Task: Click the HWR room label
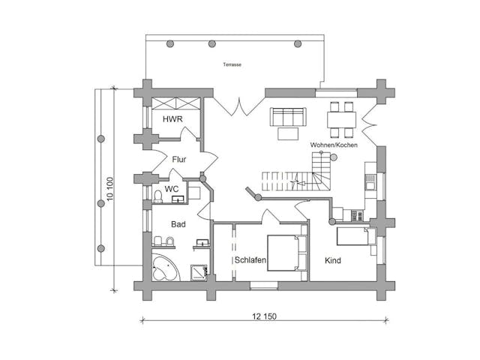coord(172,119)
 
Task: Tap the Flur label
coord(179,160)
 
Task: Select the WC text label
coord(172,189)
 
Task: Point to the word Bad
coord(178,224)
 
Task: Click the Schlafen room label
coord(250,260)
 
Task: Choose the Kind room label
coord(333,260)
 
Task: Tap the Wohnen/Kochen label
coord(334,145)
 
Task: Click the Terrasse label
coord(232,64)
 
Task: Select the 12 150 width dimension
coord(264,316)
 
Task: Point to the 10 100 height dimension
coord(110,189)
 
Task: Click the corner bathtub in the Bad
coord(166,268)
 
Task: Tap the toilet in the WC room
coord(158,196)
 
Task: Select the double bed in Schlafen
coord(287,253)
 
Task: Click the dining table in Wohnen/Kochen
coord(341,120)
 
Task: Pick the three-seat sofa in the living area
coord(288,117)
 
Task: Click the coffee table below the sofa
coord(288,133)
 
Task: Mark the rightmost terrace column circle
coord(298,43)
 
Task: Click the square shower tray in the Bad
coord(199,272)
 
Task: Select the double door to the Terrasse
coord(239,106)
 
